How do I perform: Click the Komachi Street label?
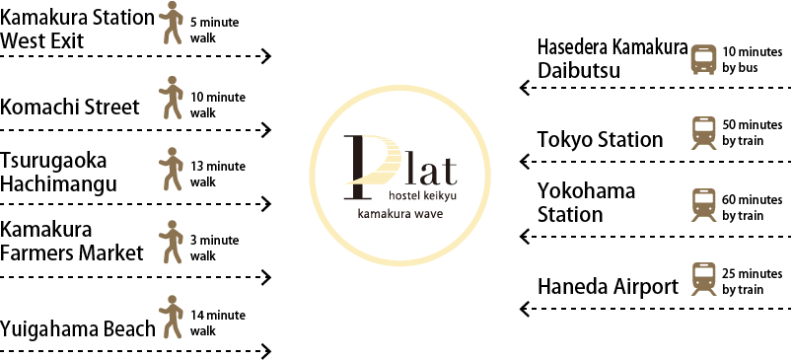[x=70, y=108]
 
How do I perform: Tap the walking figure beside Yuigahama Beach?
[x=172, y=317]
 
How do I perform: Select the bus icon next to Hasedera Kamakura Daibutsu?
[x=703, y=59]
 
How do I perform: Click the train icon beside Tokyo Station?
[x=703, y=133]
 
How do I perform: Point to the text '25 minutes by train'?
[x=753, y=282]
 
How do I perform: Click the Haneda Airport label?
[x=608, y=287]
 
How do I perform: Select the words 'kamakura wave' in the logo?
[x=400, y=214]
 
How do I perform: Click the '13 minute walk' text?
[x=217, y=174]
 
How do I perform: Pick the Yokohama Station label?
[x=586, y=202]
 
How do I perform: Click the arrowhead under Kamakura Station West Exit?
[x=266, y=55]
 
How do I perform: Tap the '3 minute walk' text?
[x=214, y=248]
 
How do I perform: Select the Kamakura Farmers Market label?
[x=72, y=242]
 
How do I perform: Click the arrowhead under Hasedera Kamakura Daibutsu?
[x=525, y=88]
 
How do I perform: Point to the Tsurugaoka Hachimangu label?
[x=58, y=173]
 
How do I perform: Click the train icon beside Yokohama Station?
[x=703, y=205]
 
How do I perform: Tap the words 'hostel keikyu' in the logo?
[x=423, y=195]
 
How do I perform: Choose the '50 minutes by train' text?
[x=753, y=132]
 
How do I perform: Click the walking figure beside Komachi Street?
[x=172, y=98]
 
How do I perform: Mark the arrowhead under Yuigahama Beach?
[x=266, y=351]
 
